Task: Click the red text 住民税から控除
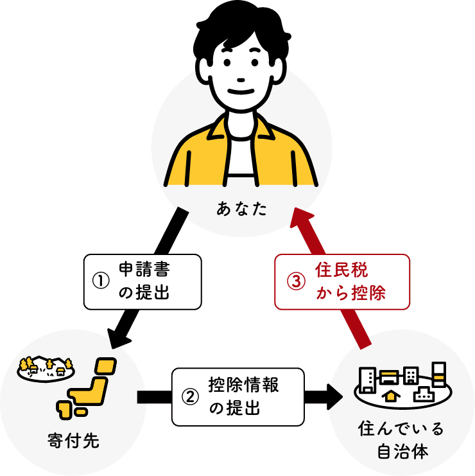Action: click(x=350, y=282)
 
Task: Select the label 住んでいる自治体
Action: click(x=401, y=439)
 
